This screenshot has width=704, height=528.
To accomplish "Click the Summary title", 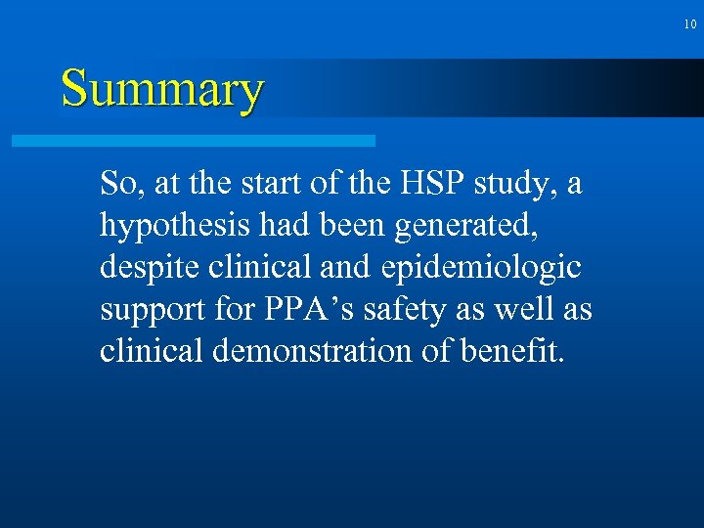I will click(162, 89).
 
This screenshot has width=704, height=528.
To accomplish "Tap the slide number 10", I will click(689, 23).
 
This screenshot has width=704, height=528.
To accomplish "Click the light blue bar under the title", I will click(194, 141).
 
